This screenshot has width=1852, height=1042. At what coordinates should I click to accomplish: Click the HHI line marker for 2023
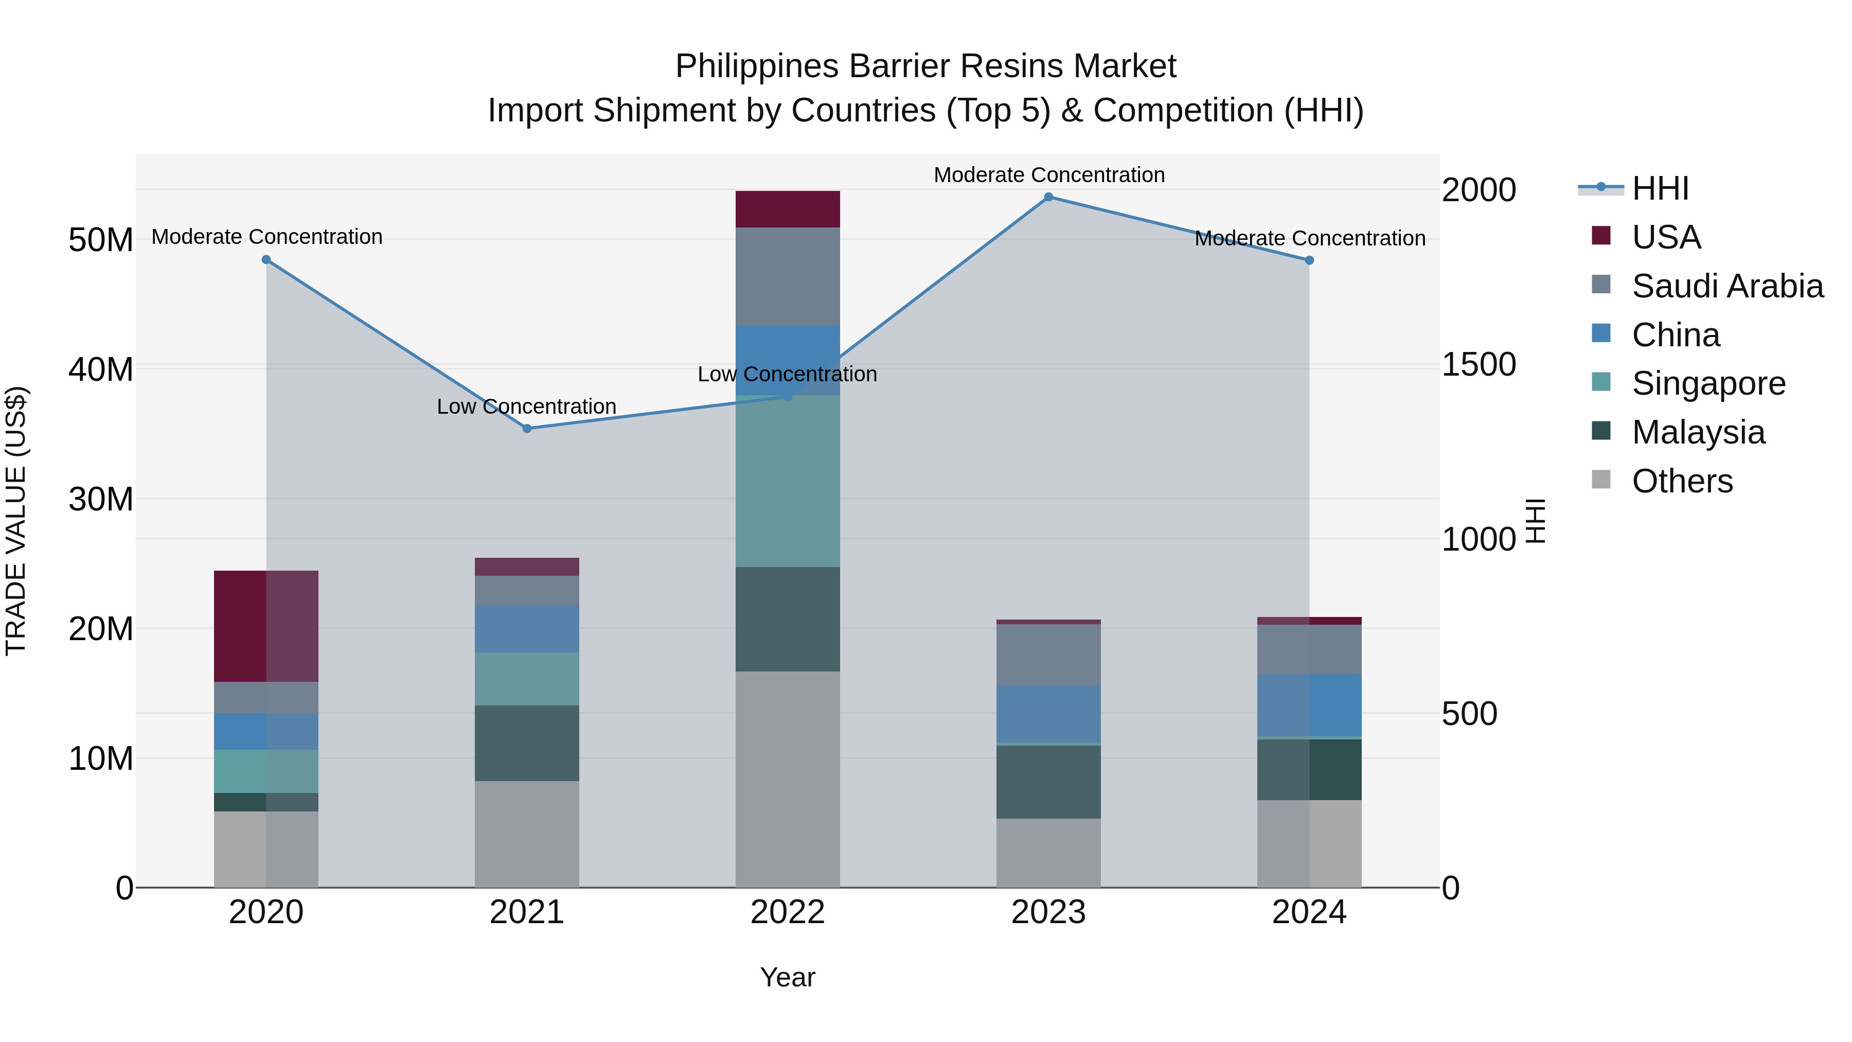(x=1048, y=197)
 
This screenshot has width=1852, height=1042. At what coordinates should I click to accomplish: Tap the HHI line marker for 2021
(x=527, y=429)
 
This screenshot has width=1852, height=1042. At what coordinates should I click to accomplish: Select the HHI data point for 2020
(x=266, y=260)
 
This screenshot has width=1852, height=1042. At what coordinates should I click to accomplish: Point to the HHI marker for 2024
(x=1309, y=260)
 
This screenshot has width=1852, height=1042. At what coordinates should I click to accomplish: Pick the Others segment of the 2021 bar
(x=527, y=834)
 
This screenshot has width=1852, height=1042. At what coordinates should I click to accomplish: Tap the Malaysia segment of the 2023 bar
(x=1048, y=782)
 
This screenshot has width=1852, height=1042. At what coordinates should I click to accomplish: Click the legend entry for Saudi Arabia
(x=1727, y=286)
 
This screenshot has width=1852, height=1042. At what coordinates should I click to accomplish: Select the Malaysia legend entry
(x=1698, y=432)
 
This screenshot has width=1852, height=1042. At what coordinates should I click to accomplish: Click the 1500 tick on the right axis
(x=1479, y=365)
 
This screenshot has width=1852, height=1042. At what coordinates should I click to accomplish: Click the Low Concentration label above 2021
(x=527, y=407)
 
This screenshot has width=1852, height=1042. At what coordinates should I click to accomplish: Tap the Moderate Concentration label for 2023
(x=1049, y=175)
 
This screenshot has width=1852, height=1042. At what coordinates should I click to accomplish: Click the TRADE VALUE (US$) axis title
(x=16, y=521)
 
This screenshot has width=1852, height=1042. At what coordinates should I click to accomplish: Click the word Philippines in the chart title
(x=757, y=66)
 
